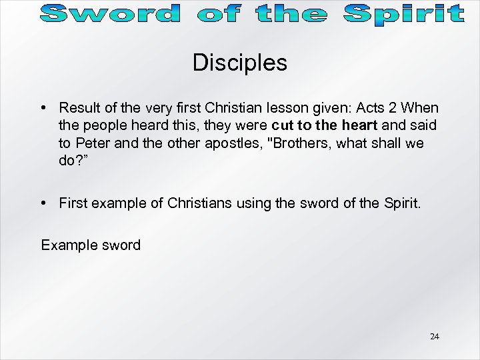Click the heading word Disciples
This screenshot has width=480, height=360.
point(240,63)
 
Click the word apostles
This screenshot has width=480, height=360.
point(224,143)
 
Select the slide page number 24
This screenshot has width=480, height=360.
point(434,336)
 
